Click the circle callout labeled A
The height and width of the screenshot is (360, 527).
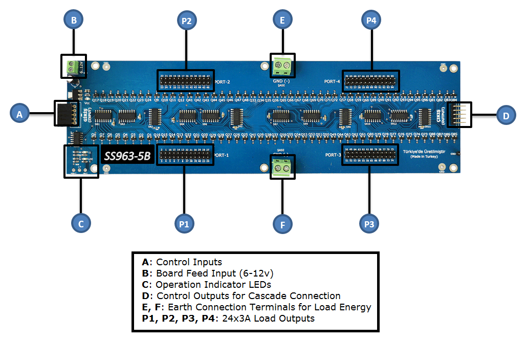(19, 114)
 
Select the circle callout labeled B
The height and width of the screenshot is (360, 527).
(74, 20)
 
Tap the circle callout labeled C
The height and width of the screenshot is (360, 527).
(81, 223)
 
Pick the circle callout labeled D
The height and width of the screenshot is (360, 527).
(506, 116)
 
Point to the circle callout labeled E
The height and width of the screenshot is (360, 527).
(282, 20)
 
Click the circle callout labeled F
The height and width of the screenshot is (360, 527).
(282, 224)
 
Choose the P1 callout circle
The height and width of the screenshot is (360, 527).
(184, 224)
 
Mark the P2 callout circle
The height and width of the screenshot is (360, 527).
(186, 20)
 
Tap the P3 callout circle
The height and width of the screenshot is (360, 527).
(369, 224)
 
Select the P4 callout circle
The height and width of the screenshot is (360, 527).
(371, 20)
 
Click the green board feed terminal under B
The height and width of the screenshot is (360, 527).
(73, 66)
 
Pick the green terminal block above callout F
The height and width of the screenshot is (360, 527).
(282, 167)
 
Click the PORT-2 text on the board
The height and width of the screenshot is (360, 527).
(223, 81)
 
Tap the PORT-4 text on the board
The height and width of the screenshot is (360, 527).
(332, 81)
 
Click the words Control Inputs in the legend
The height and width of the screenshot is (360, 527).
(189, 262)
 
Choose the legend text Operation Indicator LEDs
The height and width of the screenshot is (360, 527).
(213, 285)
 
